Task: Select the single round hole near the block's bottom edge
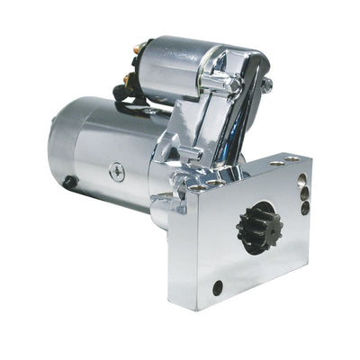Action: click(218, 287)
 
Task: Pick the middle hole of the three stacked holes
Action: click(304, 193)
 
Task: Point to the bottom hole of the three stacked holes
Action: click(305, 208)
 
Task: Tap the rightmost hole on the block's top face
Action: click(295, 160)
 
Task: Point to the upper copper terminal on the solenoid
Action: click(142, 48)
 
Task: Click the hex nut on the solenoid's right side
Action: click(266, 85)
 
